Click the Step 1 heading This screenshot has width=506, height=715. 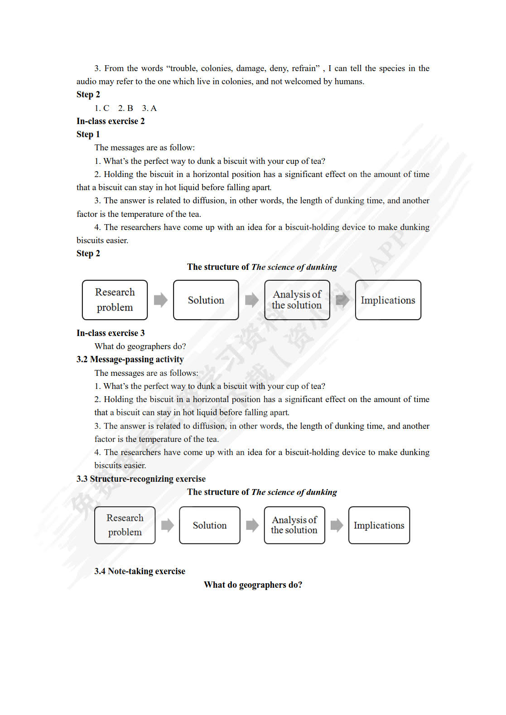[x=88, y=134]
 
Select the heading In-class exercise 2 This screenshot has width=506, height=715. [x=111, y=121]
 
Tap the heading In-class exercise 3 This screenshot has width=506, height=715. [x=111, y=333]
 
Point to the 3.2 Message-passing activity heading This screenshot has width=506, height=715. [x=130, y=360]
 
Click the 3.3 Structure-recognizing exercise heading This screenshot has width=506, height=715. [x=141, y=479]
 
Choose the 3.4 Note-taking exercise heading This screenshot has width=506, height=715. [x=140, y=571]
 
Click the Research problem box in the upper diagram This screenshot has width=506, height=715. [x=115, y=300]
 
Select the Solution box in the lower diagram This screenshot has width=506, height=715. [x=209, y=525]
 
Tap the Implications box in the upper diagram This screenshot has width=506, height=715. [x=388, y=300]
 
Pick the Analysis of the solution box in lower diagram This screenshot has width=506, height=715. [x=294, y=525]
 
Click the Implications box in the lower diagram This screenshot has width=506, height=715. [x=379, y=525]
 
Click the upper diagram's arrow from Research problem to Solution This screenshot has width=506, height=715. [x=160, y=300]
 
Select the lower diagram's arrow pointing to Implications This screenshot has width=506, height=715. [x=337, y=525]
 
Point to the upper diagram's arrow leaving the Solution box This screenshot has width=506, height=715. [x=251, y=300]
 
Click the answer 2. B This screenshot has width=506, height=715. [x=125, y=108]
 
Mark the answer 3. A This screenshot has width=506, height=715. [x=149, y=108]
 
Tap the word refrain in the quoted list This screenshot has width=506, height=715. [x=306, y=68]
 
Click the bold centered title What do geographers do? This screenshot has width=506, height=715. [x=253, y=585]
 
